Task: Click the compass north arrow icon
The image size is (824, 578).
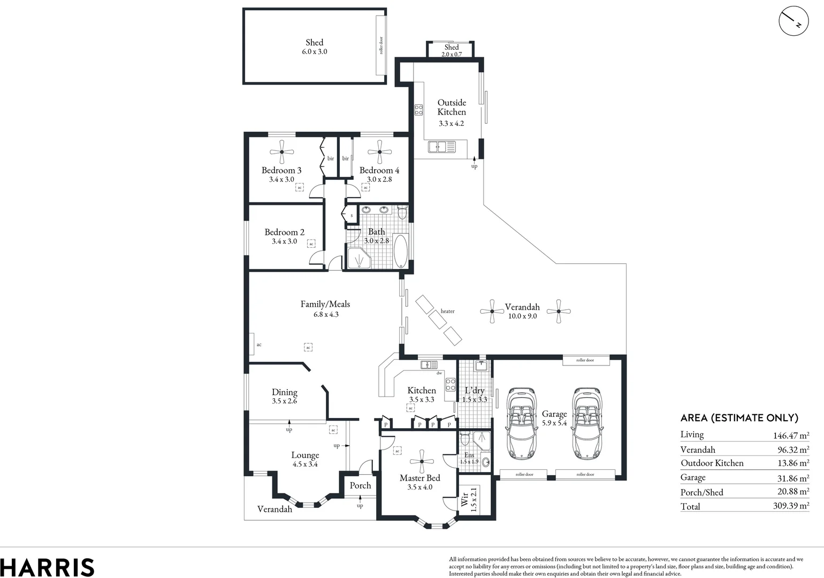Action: click(x=794, y=21)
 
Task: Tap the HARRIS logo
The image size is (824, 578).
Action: click(x=47, y=567)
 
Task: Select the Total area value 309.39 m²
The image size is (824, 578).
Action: click(x=791, y=505)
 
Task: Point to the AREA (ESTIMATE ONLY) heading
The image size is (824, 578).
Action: click(x=739, y=418)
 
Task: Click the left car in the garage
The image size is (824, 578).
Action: click(x=521, y=424)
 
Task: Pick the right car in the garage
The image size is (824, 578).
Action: click(x=587, y=424)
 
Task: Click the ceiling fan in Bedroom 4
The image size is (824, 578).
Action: click(x=379, y=152)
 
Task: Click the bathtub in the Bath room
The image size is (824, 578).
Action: click(x=400, y=250)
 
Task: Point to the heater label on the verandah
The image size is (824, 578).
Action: click(x=447, y=311)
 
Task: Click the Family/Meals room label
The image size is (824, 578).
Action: click(x=325, y=304)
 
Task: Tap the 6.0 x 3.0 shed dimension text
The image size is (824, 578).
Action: click(x=314, y=52)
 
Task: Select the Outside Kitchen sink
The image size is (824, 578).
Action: click(x=442, y=147)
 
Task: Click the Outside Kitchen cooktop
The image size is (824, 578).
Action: click(x=418, y=110)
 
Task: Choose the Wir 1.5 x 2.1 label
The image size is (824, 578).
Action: click(x=469, y=499)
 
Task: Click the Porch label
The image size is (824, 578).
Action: click(x=360, y=485)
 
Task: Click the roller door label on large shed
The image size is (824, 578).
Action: click(x=381, y=45)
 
